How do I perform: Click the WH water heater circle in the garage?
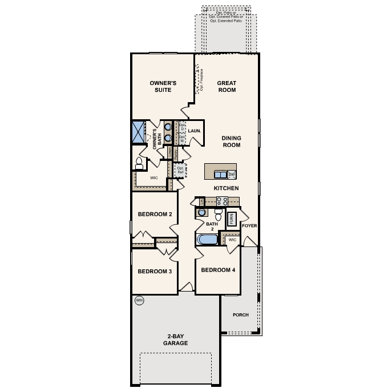click(138, 300)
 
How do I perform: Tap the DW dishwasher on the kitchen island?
click(232, 175)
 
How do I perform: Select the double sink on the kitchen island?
click(220, 175)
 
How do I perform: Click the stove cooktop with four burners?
click(221, 201)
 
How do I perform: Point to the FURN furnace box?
click(232, 218)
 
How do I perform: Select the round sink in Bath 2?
click(200, 213)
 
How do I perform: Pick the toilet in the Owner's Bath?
click(139, 164)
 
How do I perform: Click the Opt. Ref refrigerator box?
click(180, 170)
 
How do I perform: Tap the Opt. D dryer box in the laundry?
click(183, 129)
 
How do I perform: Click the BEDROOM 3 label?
click(155, 272)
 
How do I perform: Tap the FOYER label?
click(249, 226)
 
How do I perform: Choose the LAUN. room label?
click(193, 131)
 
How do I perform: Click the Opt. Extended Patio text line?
click(226, 20)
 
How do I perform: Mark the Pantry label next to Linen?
click(176, 152)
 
